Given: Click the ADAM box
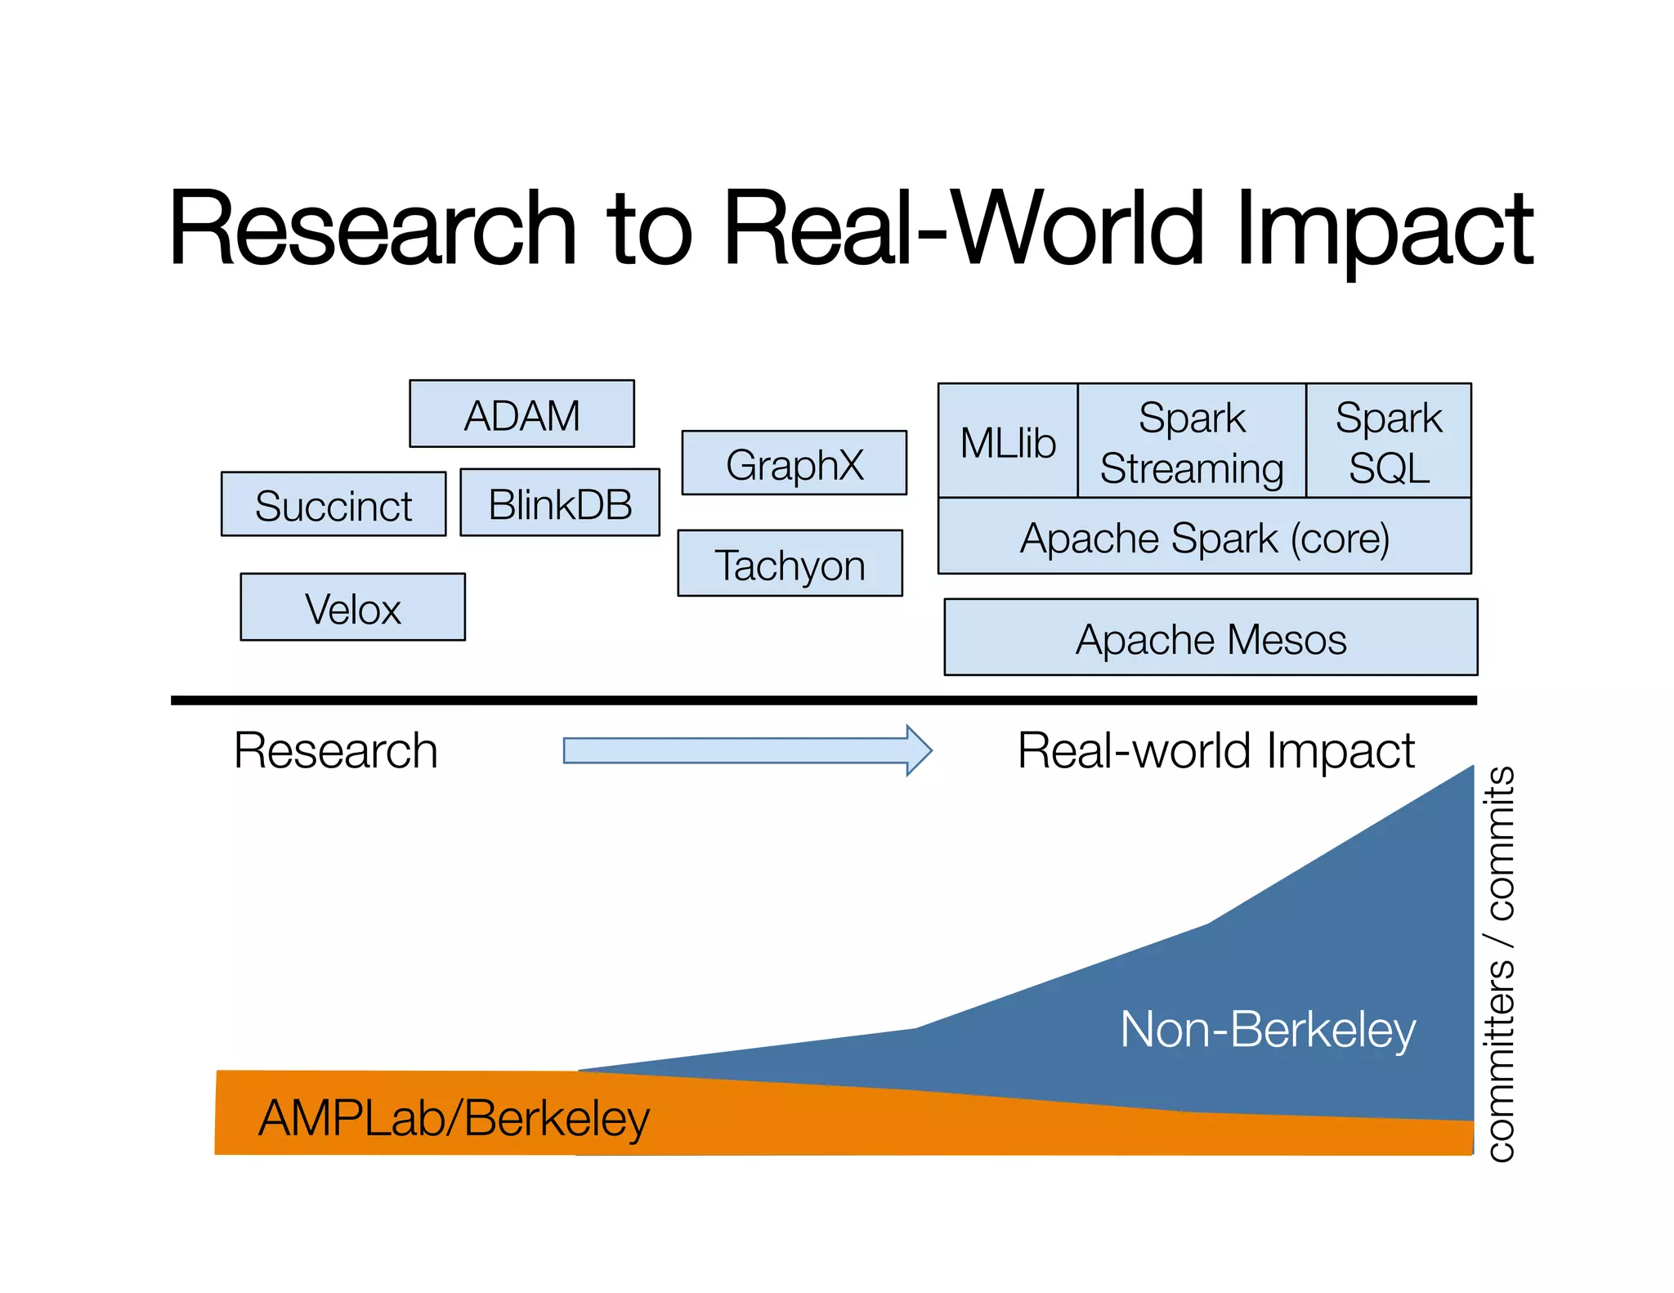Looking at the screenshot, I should coord(521,414).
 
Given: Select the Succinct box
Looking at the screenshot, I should coord(333,504).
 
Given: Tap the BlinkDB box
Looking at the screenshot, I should coord(560,503).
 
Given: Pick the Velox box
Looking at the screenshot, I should coord(352,607).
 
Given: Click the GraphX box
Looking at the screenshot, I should coord(794,463).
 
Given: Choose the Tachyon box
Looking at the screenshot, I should coord(790,564).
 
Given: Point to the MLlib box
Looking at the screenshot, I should coord(1008,441).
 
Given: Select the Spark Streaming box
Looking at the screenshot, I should coord(1192,441).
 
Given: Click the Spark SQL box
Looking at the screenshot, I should coord(1388,441).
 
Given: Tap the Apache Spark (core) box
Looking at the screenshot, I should coord(1204,537).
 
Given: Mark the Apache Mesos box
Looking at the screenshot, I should coord(1211,638).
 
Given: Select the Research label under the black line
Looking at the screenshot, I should coord(336,750).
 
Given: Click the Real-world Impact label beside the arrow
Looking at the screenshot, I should coord(1215,750).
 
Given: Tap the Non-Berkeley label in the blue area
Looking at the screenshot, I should coord(1267,1029).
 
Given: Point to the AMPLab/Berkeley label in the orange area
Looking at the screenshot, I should coord(454,1118).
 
